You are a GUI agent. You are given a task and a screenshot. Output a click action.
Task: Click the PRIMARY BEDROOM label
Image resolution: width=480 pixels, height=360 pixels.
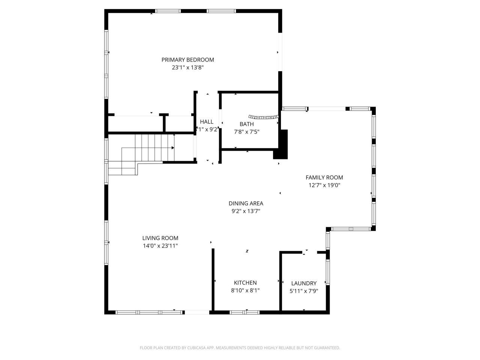coord(187,60)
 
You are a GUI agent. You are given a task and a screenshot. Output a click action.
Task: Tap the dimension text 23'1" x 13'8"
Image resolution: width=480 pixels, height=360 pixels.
coord(187,68)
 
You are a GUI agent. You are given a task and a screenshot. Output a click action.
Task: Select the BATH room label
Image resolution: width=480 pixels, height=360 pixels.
coord(246,124)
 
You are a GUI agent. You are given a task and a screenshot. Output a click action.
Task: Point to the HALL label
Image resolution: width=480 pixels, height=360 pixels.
coord(207,122)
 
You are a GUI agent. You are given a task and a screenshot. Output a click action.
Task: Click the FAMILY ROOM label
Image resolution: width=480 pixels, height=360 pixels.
coord(324,177)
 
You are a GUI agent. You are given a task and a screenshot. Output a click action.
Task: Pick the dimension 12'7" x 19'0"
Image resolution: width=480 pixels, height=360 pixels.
coord(324,185)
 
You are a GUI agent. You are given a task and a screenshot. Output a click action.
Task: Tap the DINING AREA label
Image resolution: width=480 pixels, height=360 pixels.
coord(246,203)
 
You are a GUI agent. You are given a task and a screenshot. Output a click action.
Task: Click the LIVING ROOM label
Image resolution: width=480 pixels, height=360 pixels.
coord(160,238)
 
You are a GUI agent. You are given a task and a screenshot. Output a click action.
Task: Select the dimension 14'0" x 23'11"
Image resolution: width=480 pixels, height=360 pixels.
coord(160,246)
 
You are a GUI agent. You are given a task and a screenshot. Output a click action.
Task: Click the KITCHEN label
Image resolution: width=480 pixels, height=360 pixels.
coord(245,283)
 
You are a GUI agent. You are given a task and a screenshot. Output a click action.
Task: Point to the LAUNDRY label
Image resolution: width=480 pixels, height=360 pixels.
coord(304,283)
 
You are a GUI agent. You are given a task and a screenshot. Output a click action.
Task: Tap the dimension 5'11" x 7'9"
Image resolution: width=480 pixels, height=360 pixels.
coord(304,291)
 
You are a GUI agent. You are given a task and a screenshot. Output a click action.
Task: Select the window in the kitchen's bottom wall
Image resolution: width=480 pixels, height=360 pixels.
coord(244,312)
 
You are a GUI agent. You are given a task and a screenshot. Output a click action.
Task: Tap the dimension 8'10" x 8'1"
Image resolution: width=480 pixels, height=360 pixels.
coord(245,291)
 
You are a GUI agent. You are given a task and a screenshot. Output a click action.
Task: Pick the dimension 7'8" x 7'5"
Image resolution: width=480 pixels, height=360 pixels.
coord(246,132)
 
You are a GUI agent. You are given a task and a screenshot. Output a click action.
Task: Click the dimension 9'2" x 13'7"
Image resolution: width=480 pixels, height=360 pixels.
coord(246,211)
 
